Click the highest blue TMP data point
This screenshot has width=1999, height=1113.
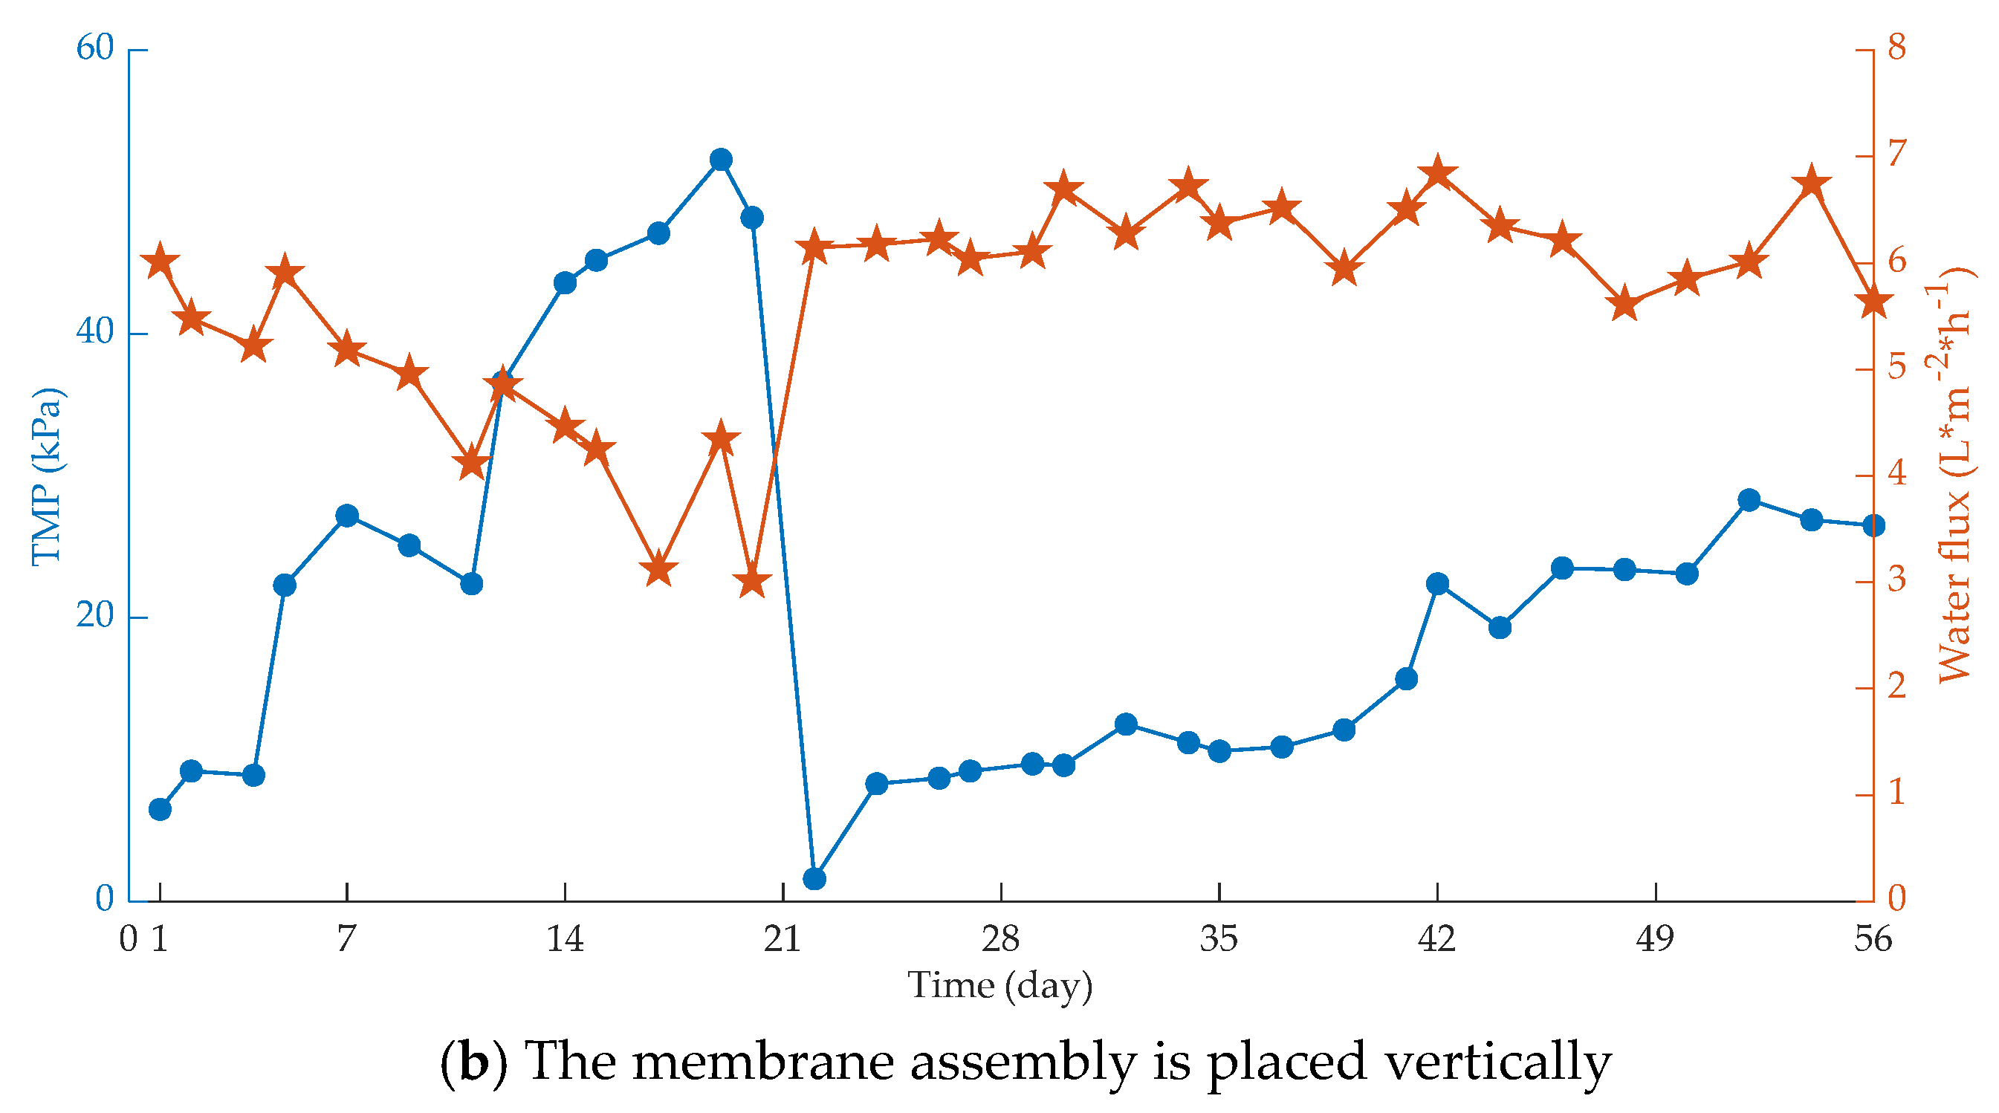coord(721,160)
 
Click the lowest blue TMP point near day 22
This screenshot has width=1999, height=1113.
coord(814,879)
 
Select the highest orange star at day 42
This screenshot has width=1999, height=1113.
coord(1438,173)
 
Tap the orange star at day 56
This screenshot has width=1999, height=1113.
coord(1873,302)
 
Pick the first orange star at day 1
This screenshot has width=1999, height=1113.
coord(160,262)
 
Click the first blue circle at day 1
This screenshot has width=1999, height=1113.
coord(160,810)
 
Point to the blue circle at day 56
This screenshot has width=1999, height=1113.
coord(1873,526)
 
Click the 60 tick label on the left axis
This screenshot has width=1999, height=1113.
coord(94,48)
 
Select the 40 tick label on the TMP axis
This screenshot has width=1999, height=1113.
coord(94,332)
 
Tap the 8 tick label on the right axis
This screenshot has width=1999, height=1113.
coord(1896,48)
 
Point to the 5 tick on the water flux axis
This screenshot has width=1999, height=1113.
coord(1896,367)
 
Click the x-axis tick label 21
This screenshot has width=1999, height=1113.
coord(783,940)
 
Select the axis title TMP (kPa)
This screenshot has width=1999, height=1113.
coord(48,476)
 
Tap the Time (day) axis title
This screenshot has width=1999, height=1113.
coord(1000,987)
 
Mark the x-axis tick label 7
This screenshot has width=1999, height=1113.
coord(346,940)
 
